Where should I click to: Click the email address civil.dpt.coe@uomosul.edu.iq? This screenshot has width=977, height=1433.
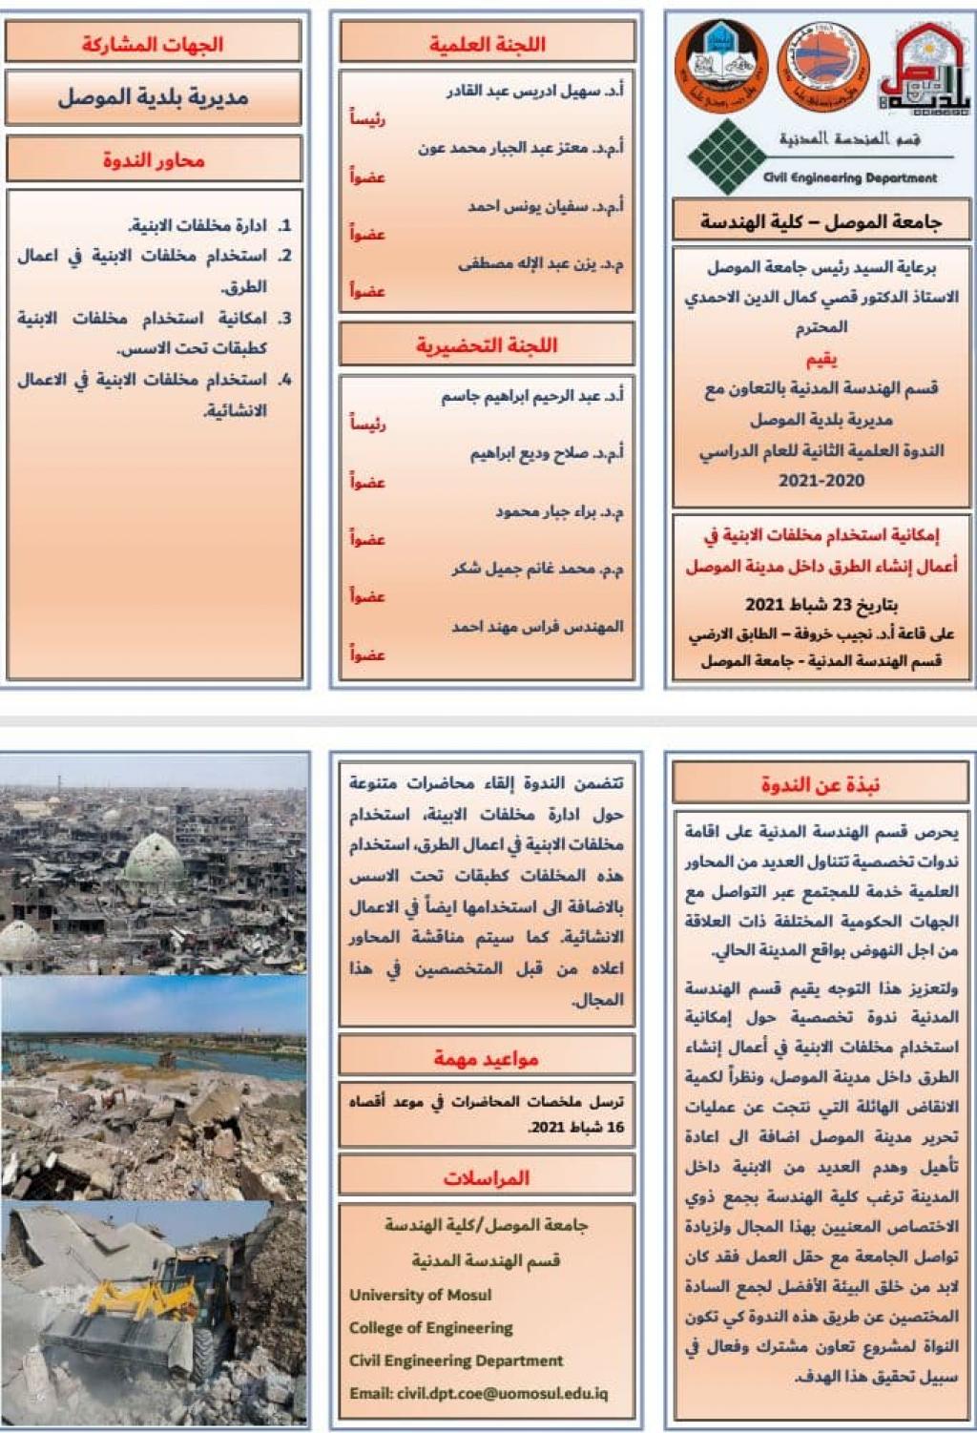click(478, 1393)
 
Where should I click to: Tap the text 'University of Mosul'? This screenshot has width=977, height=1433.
click(420, 1295)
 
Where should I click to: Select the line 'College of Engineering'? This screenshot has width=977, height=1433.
click(430, 1327)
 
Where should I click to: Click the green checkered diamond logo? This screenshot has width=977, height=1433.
click(727, 156)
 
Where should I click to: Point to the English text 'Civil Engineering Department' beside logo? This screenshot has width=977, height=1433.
click(849, 177)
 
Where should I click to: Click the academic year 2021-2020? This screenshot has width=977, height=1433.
click(821, 481)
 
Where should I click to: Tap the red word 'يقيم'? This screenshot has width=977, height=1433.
click(821, 359)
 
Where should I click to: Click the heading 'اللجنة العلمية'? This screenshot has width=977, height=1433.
click(487, 44)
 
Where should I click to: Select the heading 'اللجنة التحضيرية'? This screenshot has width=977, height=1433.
click(487, 345)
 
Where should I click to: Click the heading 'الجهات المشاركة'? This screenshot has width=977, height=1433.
click(153, 44)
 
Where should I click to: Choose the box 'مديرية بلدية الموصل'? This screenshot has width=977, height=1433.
click(153, 97)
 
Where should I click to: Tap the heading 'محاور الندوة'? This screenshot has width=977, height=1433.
click(154, 160)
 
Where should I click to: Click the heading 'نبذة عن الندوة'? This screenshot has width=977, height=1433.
click(821, 784)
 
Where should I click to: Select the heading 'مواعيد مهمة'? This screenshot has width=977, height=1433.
click(487, 1058)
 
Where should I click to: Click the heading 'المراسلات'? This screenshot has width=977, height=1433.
click(487, 1177)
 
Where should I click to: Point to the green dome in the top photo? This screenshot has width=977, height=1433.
click(155, 859)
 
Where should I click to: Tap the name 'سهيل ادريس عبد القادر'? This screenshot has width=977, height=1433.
click(534, 91)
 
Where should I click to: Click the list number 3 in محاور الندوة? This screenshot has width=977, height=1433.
click(284, 318)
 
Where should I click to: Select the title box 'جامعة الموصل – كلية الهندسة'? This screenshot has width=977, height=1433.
click(821, 222)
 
